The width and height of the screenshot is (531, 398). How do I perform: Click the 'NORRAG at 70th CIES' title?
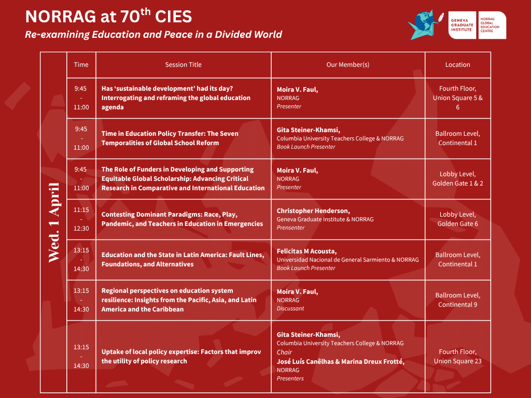click(x=108, y=16)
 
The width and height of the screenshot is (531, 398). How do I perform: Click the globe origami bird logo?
click(x=425, y=24)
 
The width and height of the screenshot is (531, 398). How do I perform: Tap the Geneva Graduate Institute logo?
click(x=462, y=25)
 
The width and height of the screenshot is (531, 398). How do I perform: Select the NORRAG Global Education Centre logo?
click(x=493, y=25)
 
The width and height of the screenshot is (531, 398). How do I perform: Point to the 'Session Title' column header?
click(x=183, y=65)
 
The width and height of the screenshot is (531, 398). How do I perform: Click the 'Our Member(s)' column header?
click(x=348, y=65)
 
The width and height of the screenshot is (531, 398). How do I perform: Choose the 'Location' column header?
click(x=457, y=65)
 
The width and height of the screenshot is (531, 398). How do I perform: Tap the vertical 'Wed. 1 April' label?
click(x=54, y=222)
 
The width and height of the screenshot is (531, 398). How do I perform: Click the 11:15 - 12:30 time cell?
click(x=81, y=219)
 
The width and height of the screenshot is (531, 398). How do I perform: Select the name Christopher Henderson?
click(x=313, y=211)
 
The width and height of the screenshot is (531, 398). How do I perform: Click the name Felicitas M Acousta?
click(x=306, y=251)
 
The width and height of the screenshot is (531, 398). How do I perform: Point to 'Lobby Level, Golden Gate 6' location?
click(x=457, y=219)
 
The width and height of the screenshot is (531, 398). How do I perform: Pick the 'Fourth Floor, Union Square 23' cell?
click(x=457, y=357)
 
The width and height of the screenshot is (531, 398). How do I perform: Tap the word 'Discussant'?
click(x=290, y=308)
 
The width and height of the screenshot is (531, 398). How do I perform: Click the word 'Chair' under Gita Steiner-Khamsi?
click(x=284, y=352)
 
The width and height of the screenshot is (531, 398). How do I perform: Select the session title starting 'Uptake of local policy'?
click(x=181, y=357)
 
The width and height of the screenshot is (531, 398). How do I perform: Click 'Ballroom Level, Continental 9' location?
click(x=457, y=300)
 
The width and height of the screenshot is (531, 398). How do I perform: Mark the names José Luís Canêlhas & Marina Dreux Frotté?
click(x=340, y=361)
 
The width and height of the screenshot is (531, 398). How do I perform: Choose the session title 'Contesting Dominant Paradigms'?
click(x=182, y=219)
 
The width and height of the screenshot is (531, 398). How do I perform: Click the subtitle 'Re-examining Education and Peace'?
click(x=153, y=35)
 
